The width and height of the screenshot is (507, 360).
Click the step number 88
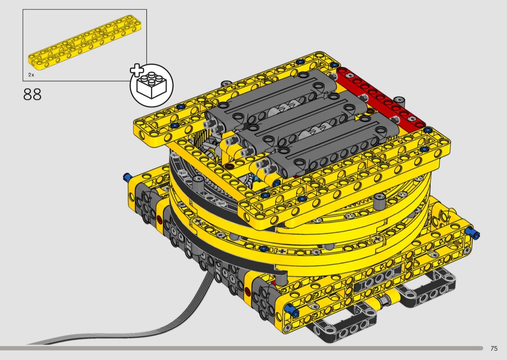[32, 95]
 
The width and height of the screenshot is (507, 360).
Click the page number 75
[494, 348]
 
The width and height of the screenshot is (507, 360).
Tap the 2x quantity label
[31, 75]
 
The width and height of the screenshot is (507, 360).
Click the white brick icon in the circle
[151, 85]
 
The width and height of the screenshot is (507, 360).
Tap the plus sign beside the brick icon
[137, 70]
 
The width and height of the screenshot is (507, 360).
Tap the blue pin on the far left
[127, 177]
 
